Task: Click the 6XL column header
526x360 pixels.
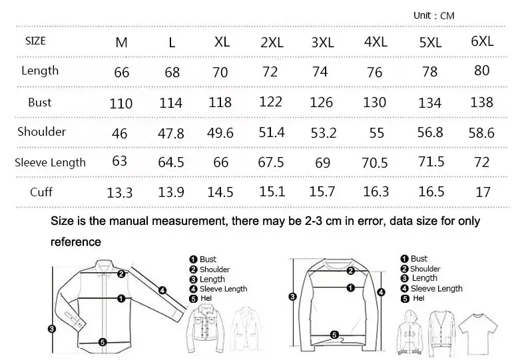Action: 482,41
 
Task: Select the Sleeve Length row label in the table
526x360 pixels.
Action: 51,162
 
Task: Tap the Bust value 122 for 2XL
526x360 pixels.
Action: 271,102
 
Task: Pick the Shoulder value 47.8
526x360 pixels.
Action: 170,133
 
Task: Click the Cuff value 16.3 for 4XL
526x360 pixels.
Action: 376,192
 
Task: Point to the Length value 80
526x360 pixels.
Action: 481,71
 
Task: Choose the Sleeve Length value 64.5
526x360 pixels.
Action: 171,162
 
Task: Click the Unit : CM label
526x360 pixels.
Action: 433,15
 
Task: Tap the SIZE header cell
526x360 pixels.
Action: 35,41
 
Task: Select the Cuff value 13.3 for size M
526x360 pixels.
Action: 120,193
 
